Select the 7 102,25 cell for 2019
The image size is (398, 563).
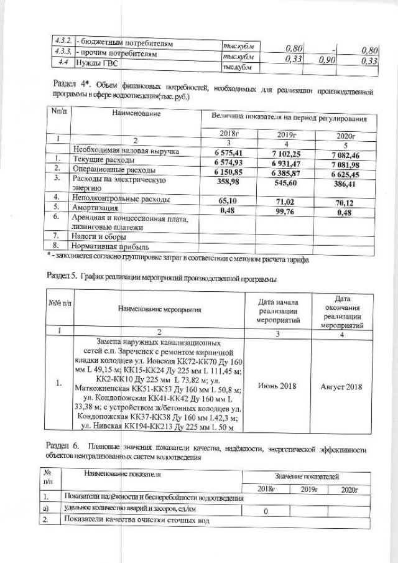coord(288,153)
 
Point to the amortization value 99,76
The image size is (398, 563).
coord(288,211)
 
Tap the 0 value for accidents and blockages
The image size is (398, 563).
coord(265,511)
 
